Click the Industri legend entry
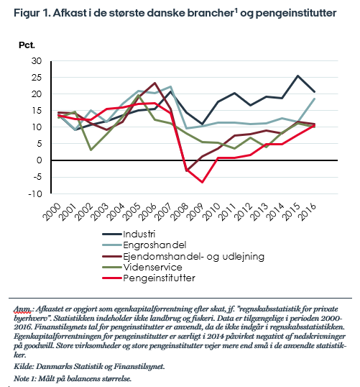(x=129, y=234)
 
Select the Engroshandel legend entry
(x=144, y=245)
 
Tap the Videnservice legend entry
(x=142, y=267)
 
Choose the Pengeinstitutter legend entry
(x=149, y=278)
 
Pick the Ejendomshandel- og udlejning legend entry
(x=183, y=256)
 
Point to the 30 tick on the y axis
(x=37, y=60)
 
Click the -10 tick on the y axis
(x=35, y=194)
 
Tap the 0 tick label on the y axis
(x=40, y=160)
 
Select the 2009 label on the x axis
(x=195, y=211)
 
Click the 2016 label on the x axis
(x=307, y=211)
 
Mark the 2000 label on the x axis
(x=51, y=211)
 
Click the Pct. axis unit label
(x=27, y=45)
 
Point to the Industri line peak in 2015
(x=298, y=76)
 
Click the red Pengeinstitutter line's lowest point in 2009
(x=203, y=182)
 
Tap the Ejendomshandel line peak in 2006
(x=154, y=83)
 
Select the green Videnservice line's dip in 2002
(x=91, y=150)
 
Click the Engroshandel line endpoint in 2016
(x=314, y=99)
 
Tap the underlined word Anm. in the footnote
(x=22, y=309)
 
